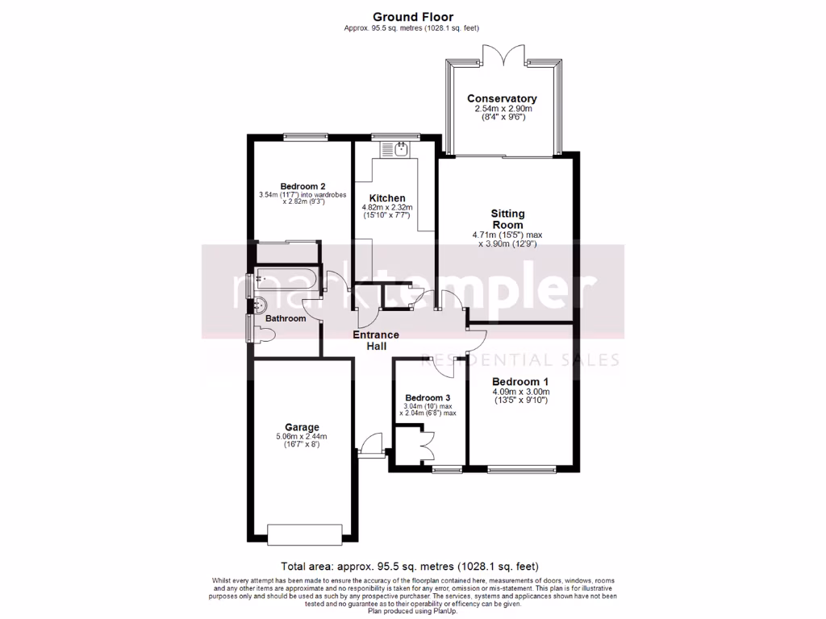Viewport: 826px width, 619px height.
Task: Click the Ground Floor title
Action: tap(412, 16)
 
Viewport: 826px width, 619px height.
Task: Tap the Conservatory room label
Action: tap(501, 99)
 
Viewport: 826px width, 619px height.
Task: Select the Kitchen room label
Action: tap(386, 198)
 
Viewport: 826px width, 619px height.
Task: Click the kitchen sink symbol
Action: tap(396, 148)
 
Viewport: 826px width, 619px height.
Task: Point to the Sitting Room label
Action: tap(507, 219)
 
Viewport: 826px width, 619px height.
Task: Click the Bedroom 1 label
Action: tap(520, 382)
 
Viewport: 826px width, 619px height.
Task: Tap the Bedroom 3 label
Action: tap(428, 398)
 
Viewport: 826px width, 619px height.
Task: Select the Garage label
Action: tap(302, 427)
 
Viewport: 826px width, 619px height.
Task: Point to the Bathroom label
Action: tap(286, 318)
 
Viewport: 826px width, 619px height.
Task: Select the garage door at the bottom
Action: tap(300, 534)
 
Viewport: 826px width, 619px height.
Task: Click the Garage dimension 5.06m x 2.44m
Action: tap(302, 437)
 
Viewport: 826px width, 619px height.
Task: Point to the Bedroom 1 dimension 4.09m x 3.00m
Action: tap(520, 393)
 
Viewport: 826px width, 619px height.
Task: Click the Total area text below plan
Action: tap(409, 566)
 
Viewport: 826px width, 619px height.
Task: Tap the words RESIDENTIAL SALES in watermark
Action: tap(523, 360)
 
